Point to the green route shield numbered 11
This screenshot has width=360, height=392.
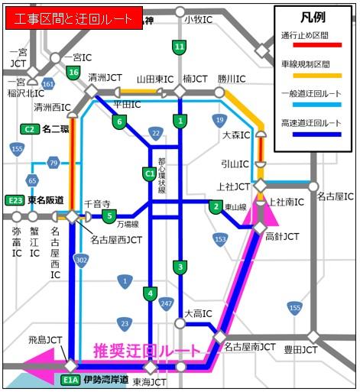pyautogui.click(x=179, y=47)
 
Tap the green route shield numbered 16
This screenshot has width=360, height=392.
pyautogui.click(x=73, y=72)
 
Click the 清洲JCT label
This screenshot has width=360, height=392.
pyautogui.click(x=105, y=78)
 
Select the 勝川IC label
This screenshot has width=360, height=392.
pyautogui.click(x=232, y=79)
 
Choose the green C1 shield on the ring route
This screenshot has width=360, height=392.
pyautogui.click(x=150, y=174)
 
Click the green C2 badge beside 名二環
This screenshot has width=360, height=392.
pyautogui.click(x=30, y=129)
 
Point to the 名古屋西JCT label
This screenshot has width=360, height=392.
pyautogui.click(x=115, y=240)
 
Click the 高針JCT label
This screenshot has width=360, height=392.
pyautogui.click(x=282, y=237)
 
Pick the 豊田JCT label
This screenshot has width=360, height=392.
pyautogui.click(x=300, y=351)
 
